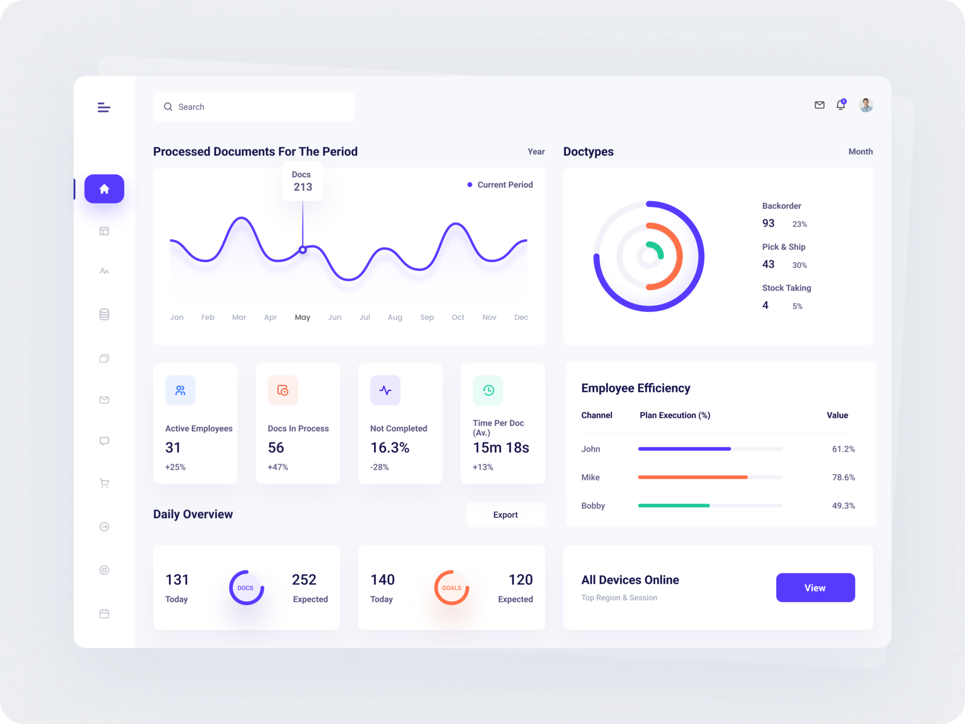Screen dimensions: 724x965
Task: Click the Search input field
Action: point(253,107)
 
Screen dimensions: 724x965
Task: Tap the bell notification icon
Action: point(841,105)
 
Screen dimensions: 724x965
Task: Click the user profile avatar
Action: point(866,105)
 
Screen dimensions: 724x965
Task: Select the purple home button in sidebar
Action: point(104,188)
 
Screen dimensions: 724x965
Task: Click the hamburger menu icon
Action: point(104,107)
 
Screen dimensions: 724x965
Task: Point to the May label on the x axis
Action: point(302,317)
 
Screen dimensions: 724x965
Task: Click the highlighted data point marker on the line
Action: point(303,250)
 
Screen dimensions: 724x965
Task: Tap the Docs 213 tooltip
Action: point(302,181)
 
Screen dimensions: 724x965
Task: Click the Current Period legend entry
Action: point(500,184)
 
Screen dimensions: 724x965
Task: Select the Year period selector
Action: point(536,152)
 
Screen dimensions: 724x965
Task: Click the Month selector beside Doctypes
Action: point(860,152)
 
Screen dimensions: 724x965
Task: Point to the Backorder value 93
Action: point(769,223)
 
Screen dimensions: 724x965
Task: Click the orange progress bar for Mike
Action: point(693,477)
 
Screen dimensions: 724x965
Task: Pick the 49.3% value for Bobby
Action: point(843,506)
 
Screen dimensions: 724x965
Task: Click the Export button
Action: point(505,515)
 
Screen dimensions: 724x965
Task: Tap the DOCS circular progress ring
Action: point(246,587)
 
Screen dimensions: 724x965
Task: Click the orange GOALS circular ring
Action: point(451,587)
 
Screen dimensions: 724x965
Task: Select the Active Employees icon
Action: point(180,390)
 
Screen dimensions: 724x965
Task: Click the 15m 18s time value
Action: point(500,448)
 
